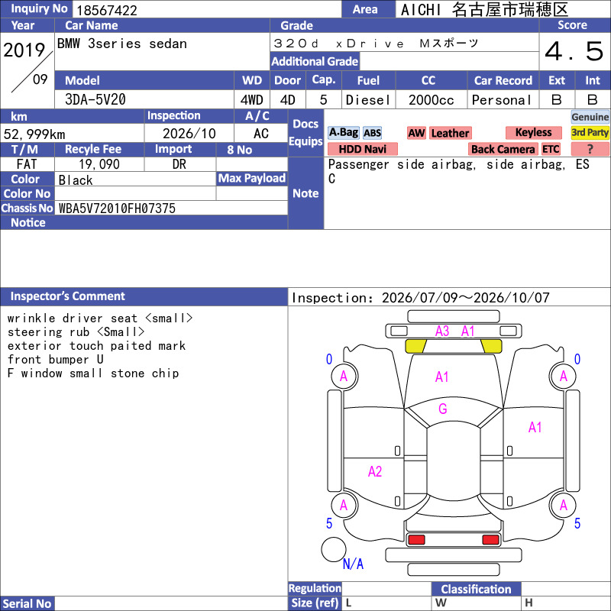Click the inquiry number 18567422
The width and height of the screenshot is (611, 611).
(x=107, y=10)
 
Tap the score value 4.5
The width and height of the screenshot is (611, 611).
(x=574, y=51)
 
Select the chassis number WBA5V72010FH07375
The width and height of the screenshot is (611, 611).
(x=117, y=208)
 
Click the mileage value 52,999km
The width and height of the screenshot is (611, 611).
(x=34, y=134)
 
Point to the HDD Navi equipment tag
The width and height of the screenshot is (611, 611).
(x=362, y=149)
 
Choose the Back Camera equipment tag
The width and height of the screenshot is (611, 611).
(x=503, y=149)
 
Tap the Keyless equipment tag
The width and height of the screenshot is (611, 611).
(x=533, y=132)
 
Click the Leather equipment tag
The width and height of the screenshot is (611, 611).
(x=450, y=133)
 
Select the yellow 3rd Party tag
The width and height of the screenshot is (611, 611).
(x=590, y=132)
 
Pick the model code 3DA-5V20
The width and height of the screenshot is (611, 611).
(x=95, y=99)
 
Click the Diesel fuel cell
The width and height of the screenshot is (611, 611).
(x=368, y=100)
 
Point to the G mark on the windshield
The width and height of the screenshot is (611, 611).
(x=443, y=409)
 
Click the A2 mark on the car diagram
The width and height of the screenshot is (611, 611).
(x=375, y=471)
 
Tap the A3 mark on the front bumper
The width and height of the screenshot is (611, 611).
(x=442, y=331)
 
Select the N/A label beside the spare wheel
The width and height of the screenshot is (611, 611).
(x=353, y=564)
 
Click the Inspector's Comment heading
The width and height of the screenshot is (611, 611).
(x=68, y=296)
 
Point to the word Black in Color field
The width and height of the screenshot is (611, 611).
(x=76, y=180)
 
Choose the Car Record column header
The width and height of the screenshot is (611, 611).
(x=503, y=80)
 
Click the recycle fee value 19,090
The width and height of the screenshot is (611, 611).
(x=99, y=164)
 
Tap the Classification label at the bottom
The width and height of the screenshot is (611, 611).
(x=476, y=589)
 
